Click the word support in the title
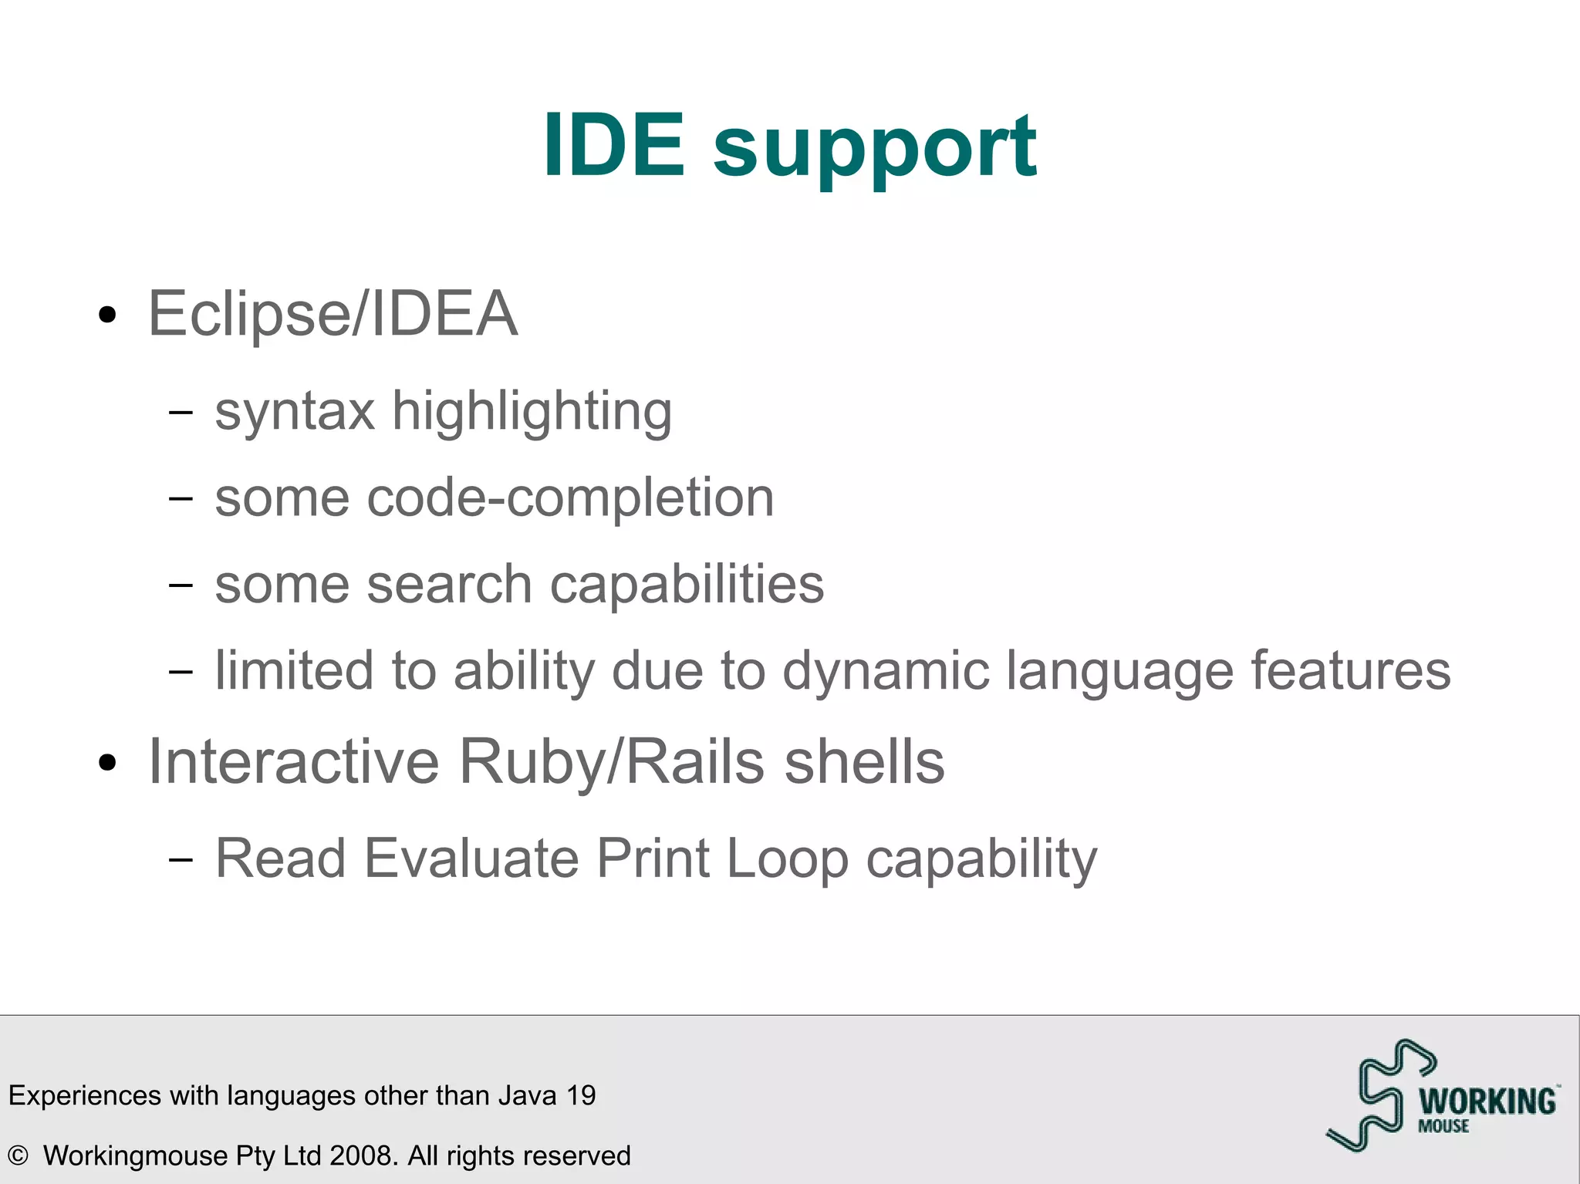[875, 148]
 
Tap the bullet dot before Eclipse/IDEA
[108, 315]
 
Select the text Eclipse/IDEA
[333, 315]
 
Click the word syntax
[295, 412]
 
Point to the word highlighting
[532, 412]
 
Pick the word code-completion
[570, 498]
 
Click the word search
[449, 585]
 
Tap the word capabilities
[687, 585]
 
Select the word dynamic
[886, 671]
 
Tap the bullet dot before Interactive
[108, 763]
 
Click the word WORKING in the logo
[1487, 1101]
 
